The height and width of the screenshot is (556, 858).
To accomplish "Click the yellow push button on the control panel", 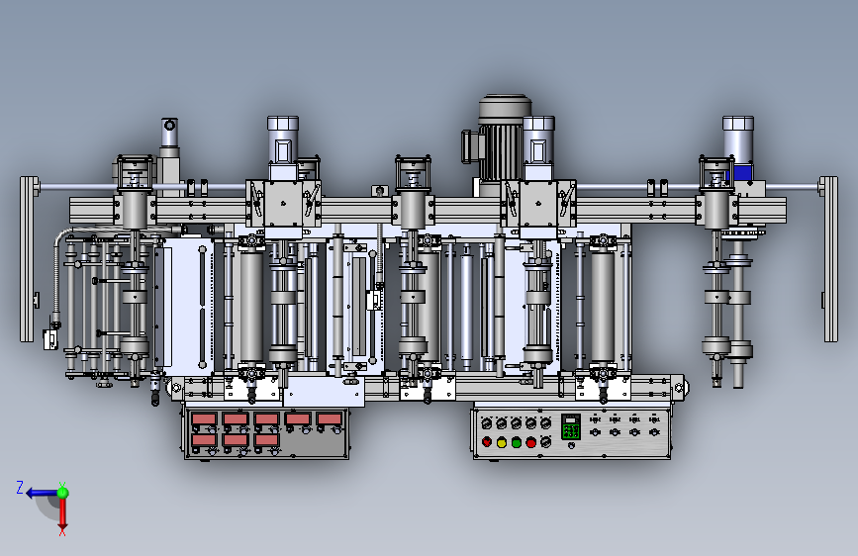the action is (x=501, y=442).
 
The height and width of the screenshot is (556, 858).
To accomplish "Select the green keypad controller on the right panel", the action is (x=571, y=426).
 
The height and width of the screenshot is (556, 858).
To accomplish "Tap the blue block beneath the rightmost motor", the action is (x=742, y=173).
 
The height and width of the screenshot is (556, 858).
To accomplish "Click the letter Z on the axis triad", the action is (x=20, y=488).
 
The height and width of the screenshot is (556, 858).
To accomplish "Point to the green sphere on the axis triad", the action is (x=63, y=493).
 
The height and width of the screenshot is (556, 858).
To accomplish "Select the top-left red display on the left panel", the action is (x=204, y=419).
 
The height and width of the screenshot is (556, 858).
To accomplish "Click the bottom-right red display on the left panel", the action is (x=266, y=439).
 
